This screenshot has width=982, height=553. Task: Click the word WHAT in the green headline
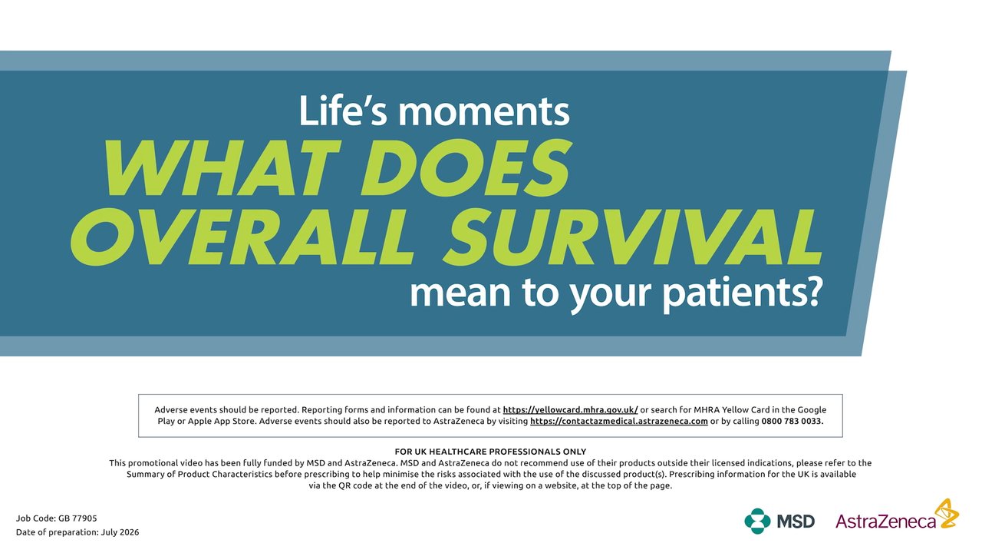coord(222,168)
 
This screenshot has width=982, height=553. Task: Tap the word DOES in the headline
coord(466,168)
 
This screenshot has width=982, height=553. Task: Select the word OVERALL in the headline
coord(242,237)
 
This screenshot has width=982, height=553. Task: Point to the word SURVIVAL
coord(633,237)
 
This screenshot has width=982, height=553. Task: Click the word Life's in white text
coord(343,111)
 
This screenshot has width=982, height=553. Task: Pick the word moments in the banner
coord(484,112)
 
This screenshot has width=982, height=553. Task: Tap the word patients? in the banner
coord(741,294)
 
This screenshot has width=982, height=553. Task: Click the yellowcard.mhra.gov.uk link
coord(570,410)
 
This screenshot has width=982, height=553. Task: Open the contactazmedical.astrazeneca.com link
coord(619,422)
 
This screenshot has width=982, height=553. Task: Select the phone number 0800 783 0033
coord(793,422)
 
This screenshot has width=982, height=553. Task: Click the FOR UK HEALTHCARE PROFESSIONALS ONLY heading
coord(490,452)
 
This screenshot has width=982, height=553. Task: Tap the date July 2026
coord(120,532)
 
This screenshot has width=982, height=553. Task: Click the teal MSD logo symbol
coord(757,522)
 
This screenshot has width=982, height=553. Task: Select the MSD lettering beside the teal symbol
coord(796,522)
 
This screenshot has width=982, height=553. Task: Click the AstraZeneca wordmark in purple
coord(885,522)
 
